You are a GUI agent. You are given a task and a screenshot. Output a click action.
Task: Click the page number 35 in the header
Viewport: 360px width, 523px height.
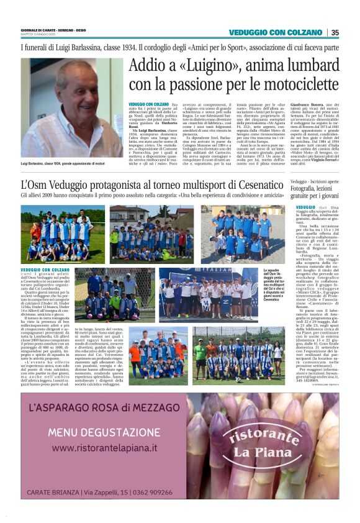click(335, 32)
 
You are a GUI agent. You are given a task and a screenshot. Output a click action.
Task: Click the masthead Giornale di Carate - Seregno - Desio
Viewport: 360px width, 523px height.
click(53, 30)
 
